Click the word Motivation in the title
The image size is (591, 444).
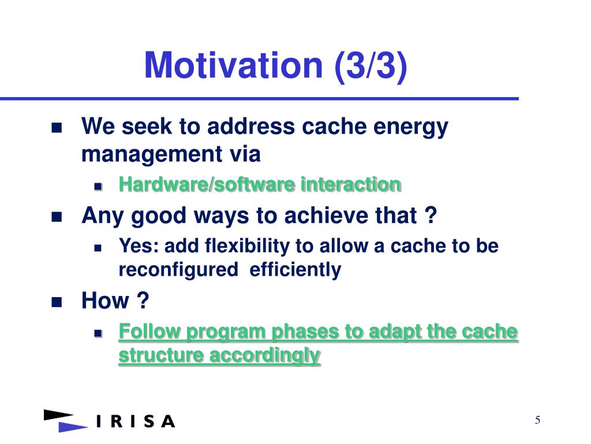[234, 65]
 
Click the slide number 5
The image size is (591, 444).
[537, 420]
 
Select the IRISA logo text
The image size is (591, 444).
[136, 421]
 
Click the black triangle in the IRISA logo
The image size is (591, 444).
[58, 415]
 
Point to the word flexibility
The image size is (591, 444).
[247, 246]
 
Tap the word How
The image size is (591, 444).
[105, 301]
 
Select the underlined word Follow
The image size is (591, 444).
[149, 331]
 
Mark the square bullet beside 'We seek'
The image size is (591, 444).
[57, 128]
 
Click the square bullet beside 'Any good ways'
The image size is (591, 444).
[57, 217]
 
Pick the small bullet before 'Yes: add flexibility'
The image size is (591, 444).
[98, 247]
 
